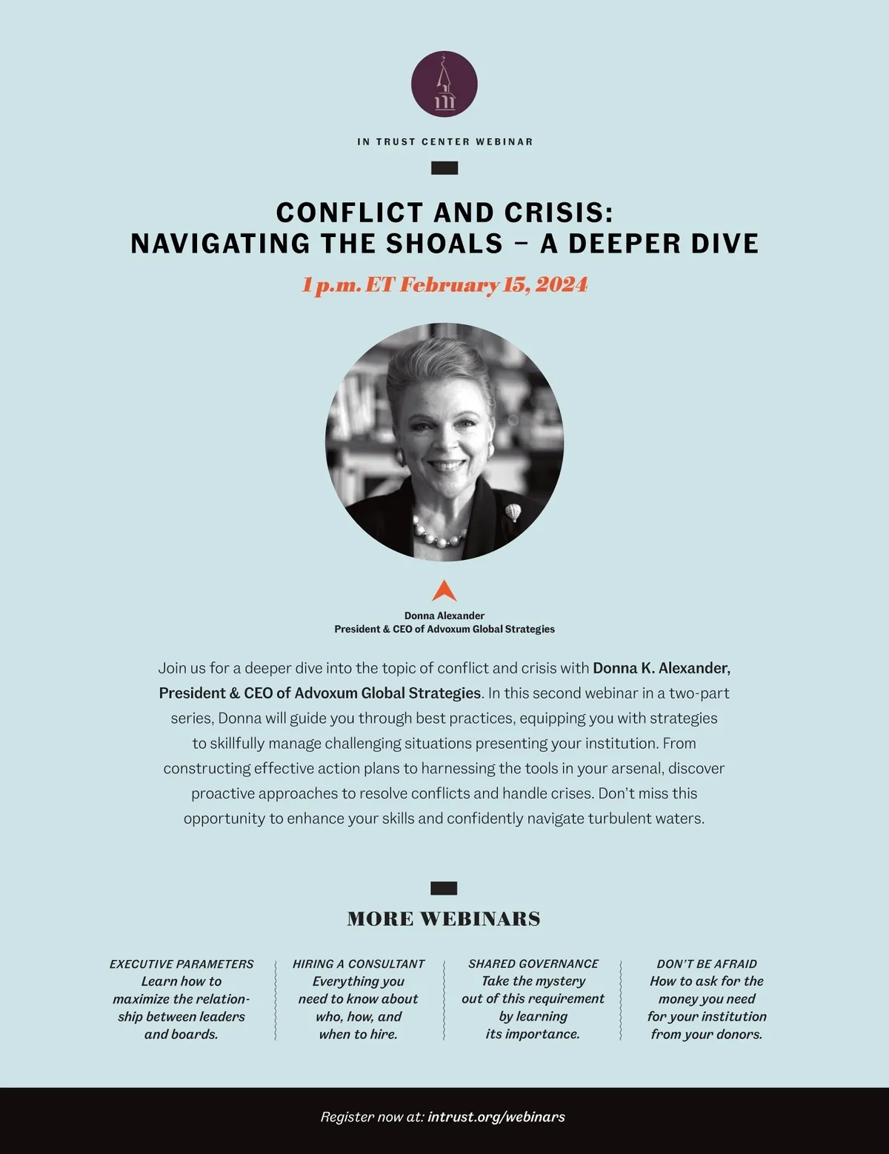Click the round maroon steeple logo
[444, 84]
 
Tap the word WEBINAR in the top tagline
[504, 141]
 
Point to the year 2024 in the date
[562, 285]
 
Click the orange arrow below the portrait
[444, 591]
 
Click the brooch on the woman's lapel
[513, 511]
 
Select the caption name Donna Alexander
[444, 616]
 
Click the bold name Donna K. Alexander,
[662, 668]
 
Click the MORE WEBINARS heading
[444, 919]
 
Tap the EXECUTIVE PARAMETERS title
[182, 964]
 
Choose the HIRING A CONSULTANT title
[359, 964]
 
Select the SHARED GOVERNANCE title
[533, 964]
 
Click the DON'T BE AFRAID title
[707, 964]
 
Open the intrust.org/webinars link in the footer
[496, 1117]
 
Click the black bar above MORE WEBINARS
[444, 888]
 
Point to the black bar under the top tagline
[444, 168]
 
